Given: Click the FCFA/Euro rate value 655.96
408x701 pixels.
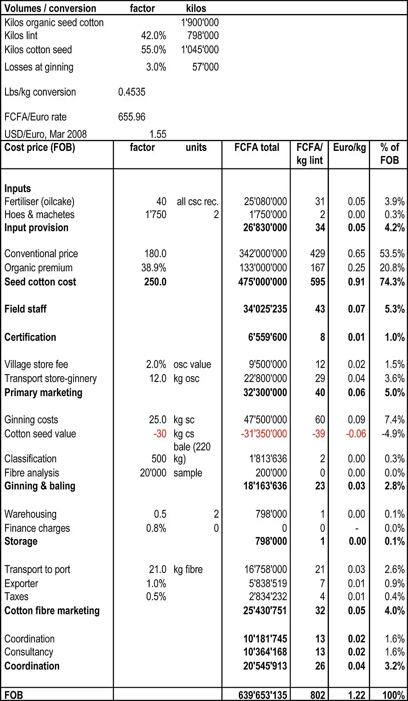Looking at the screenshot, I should coord(132,117).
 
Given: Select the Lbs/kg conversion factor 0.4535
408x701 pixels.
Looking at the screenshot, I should coord(132,92).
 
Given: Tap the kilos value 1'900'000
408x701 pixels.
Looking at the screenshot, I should coord(200,23).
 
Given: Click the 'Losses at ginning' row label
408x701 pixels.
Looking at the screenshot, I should coord(39,67).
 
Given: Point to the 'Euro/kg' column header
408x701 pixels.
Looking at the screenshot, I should coord(349,148).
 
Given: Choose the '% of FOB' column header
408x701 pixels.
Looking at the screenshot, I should coord(389,153).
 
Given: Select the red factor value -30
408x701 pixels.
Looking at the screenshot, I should coord(160,434).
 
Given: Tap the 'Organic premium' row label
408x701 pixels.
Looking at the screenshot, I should coord(38,268).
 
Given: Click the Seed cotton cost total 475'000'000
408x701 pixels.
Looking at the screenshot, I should coord(263,282).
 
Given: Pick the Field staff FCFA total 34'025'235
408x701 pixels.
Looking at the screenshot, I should coord(265,309).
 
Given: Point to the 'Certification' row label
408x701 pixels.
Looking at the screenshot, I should coord(30,337).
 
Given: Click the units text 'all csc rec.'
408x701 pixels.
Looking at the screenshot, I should coord(198,202).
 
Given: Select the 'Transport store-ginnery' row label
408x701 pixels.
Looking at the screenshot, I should coord(51,378).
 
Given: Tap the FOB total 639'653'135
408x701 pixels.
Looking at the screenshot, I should coord(263,695).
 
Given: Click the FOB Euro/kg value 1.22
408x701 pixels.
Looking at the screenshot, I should coord(357,695).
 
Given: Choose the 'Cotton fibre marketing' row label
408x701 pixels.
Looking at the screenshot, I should coord(52,610).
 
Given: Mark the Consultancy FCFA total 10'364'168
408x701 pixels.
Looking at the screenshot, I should coord(265,652).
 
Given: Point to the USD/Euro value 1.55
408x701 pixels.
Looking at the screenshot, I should coord(158,134).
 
